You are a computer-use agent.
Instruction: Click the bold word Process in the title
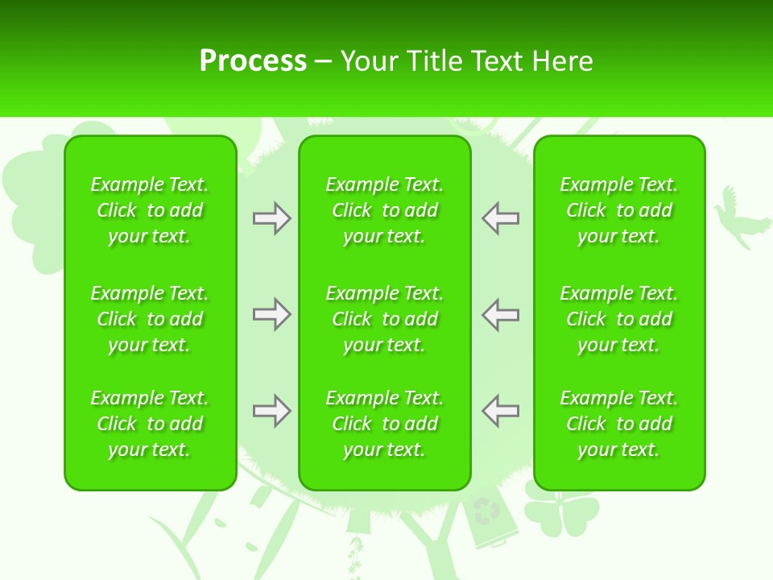[253, 61]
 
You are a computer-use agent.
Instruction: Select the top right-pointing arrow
[272, 218]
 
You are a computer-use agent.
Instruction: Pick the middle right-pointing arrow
[272, 314]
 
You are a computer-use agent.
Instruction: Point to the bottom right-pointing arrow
[272, 411]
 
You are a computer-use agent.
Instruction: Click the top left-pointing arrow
[500, 218]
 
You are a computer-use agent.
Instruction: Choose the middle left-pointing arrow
[500, 314]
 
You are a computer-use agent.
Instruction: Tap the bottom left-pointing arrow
[500, 411]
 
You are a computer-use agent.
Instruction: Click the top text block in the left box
[150, 210]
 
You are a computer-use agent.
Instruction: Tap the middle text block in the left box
[150, 319]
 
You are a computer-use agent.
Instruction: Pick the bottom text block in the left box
[150, 424]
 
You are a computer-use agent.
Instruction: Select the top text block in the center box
[385, 210]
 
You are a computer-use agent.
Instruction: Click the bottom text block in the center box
[385, 424]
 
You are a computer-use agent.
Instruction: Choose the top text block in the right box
[619, 210]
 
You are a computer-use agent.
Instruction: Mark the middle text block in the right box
[619, 319]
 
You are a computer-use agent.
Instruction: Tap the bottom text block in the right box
[619, 424]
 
